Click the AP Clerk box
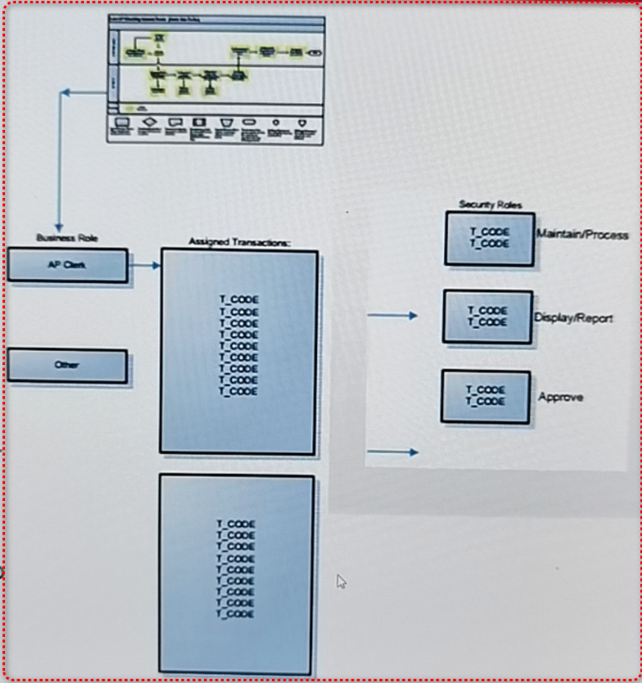67,265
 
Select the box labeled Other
67,366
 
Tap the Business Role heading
67,237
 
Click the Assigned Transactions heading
238,242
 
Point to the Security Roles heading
490,205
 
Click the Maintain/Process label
582,235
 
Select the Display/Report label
573,318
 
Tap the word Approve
561,397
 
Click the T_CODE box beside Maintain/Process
489,238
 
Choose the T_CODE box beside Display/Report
488,316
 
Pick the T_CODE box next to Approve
486,396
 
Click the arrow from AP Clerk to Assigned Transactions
144,266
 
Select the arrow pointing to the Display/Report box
393,315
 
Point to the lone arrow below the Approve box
393,452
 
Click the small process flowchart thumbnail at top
216,80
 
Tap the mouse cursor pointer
342,581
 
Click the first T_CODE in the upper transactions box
238,300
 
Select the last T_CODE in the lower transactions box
236,613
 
